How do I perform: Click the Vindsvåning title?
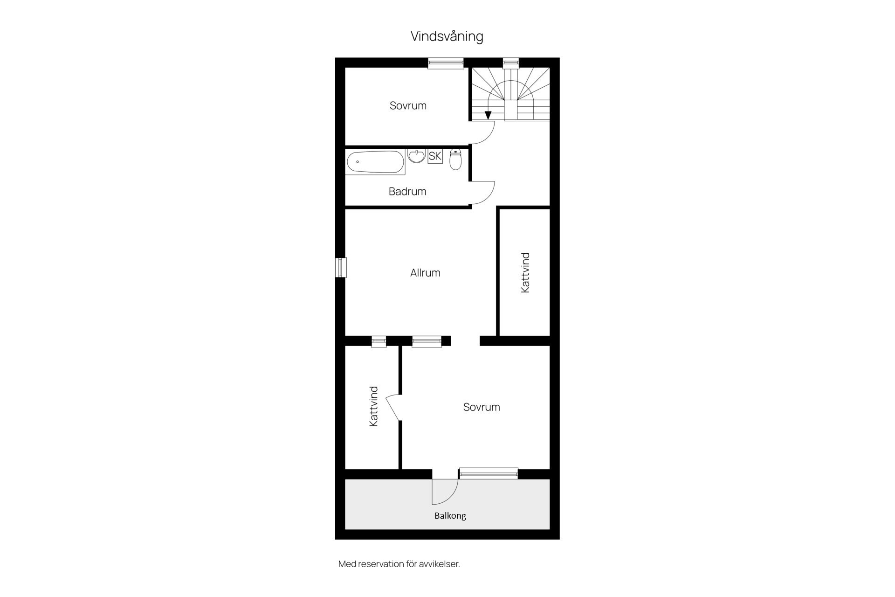447,36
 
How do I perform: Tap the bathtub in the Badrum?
375,162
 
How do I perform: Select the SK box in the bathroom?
435,156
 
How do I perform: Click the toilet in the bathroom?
456,159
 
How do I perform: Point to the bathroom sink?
416,156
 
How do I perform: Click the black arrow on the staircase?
488,115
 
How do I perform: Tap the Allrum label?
425,273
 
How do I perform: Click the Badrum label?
407,191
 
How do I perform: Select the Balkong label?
450,515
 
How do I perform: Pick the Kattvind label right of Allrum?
525,273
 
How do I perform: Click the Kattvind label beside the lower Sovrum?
373,406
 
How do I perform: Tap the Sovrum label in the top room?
408,105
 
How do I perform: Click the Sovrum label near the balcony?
482,407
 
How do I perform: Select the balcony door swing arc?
451,498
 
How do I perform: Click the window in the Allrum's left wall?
341,268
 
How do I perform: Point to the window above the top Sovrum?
446,63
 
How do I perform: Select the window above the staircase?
511,63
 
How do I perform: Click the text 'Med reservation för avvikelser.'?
399,564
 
